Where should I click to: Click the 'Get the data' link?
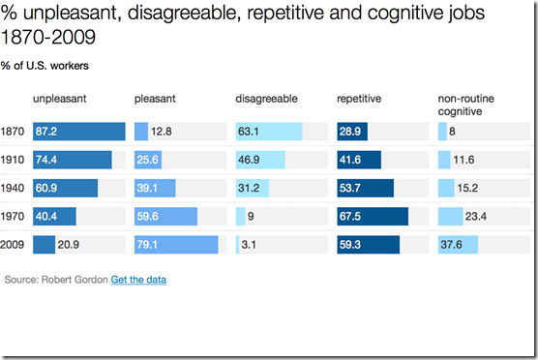click(x=138, y=280)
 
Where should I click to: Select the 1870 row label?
click(x=15, y=132)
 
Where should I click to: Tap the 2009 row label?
click(x=15, y=245)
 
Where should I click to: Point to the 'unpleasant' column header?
click(x=60, y=99)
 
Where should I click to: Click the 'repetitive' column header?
click(x=358, y=99)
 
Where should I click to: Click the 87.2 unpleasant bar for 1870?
click(x=79, y=132)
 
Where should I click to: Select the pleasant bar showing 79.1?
click(x=176, y=245)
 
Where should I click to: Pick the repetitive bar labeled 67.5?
click(x=373, y=217)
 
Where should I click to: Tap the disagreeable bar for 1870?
click(x=269, y=132)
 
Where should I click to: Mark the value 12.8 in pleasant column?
click(x=161, y=132)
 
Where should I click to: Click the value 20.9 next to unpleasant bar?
click(x=69, y=245)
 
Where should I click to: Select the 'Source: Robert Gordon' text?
click(x=56, y=280)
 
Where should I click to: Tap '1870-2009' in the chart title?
click(x=39, y=39)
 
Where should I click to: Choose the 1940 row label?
click(x=15, y=189)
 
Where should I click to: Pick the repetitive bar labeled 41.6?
click(x=359, y=160)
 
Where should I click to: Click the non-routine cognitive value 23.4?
click(x=476, y=217)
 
